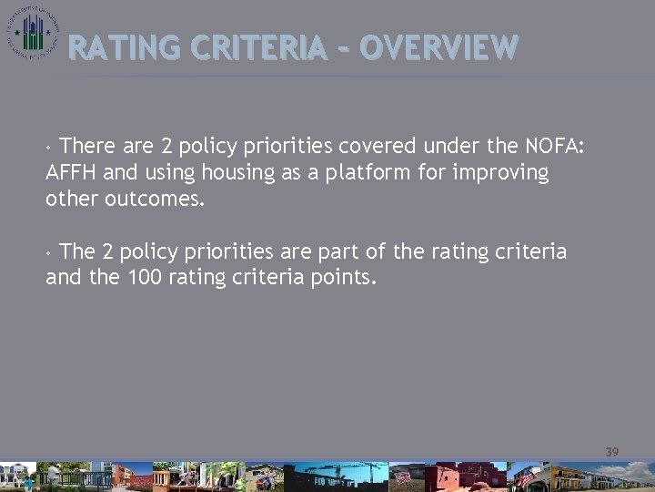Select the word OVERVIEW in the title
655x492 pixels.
point(438,46)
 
